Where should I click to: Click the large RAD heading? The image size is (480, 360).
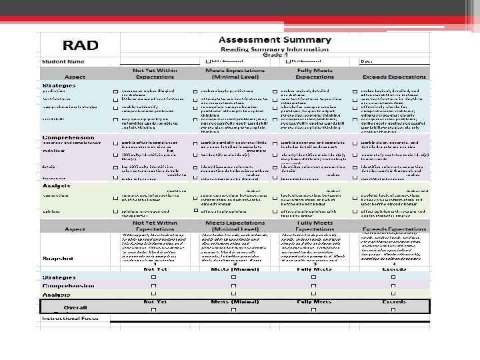coord(80,45)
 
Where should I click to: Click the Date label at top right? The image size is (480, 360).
coord(366,61)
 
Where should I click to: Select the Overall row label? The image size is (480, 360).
coord(75,308)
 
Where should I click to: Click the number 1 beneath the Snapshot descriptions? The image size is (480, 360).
coord(155,264)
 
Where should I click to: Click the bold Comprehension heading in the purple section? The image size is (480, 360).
coord(68,138)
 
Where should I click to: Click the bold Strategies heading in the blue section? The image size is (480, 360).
coord(59,85)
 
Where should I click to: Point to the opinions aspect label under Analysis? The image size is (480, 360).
coord(53,211)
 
